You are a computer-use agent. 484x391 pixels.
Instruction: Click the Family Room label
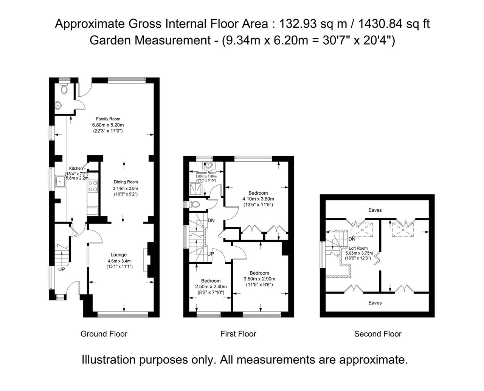point(108,119)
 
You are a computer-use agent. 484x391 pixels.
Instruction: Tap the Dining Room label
point(126,182)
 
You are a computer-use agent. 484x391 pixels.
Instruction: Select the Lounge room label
point(118,255)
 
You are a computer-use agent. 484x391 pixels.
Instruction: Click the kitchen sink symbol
point(60,181)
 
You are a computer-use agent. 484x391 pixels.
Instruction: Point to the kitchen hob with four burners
point(93,186)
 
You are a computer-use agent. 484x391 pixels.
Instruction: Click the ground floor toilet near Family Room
point(64,90)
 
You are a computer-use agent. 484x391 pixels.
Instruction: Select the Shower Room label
point(206,173)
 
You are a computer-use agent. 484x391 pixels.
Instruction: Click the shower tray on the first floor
point(195,187)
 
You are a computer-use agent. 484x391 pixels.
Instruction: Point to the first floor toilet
point(194,205)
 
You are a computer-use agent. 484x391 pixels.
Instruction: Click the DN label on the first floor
point(211,221)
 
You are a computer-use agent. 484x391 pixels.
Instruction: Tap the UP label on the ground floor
point(61,270)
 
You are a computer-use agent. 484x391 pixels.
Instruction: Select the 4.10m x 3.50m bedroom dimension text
point(258,199)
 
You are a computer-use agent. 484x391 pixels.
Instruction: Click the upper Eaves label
point(375,210)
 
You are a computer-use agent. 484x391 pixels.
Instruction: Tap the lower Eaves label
point(375,303)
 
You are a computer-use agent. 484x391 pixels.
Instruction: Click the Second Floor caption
point(377,334)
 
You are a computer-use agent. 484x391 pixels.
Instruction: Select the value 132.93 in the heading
point(296,24)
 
